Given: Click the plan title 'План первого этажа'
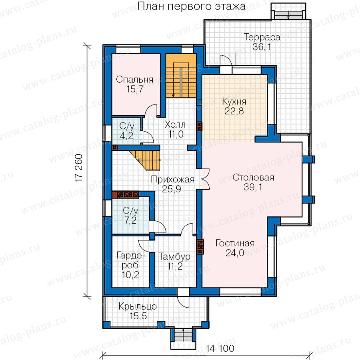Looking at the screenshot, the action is (192, 6).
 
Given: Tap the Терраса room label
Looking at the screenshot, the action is (262, 37).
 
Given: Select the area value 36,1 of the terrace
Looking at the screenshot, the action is (262, 47).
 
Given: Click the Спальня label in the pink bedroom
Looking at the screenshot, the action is (134, 80).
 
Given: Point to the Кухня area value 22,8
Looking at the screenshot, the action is (234, 111).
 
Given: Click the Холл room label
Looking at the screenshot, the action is (175, 125).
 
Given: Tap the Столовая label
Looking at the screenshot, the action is (253, 178).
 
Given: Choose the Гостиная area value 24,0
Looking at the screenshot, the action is (235, 253).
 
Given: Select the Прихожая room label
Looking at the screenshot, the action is (173, 179).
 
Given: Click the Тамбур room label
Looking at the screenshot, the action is (174, 256).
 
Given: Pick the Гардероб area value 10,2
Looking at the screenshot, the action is (130, 274).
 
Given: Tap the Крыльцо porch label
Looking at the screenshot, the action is (138, 306).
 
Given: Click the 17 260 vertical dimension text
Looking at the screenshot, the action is (79, 168).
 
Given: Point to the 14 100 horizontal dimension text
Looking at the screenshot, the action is (220, 348).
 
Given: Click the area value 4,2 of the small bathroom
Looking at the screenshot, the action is (126, 136).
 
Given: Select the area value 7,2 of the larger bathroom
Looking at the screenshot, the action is (130, 220).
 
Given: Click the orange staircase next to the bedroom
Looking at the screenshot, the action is (181, 76).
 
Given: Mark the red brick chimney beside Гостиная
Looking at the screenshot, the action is (200, 247).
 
